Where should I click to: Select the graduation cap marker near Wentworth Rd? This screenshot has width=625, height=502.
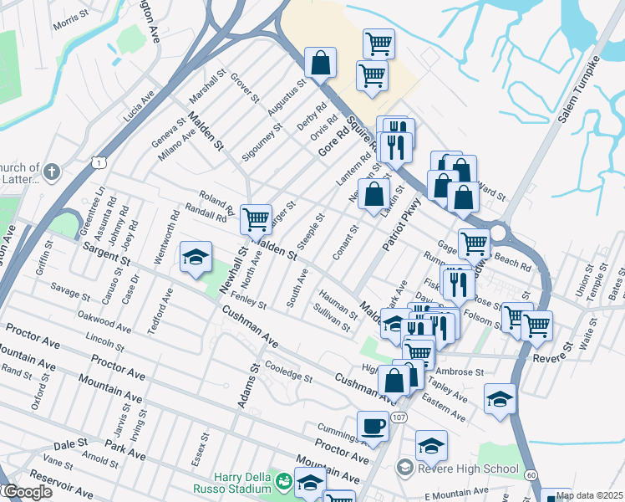pyautogui.click(x=196, y=258)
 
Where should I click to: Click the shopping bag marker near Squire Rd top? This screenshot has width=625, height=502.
pyautogui.click(x=320, y=62)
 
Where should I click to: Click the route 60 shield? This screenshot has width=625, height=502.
pyautogui.click(x=531, y=475)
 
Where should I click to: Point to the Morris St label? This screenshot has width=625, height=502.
pyautogui.click(x=71, y=23)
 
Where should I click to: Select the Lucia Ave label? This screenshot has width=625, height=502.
pyautogui.click(x=140, y=107)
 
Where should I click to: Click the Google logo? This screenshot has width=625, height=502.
pyautogui.click(x=27, y=492)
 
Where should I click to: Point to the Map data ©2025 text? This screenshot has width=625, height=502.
pyautogui.click(x=589, y=495)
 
